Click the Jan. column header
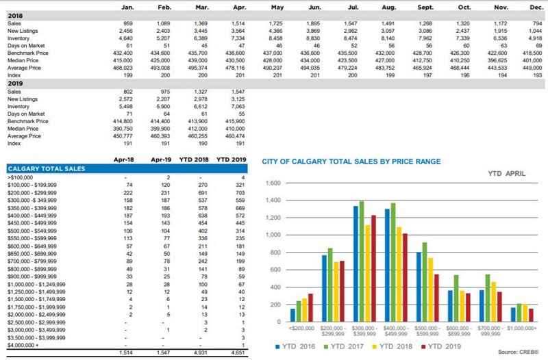[x=127, y=8]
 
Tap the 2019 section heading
[x=16, y=83]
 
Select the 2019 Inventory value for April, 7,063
[x=236, y=107]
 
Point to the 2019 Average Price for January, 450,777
[x=123, y=136]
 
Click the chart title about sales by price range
[x=351, y=162]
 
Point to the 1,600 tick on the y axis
[x=273, y=184]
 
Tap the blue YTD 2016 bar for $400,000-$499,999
[x=388, y=264]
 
